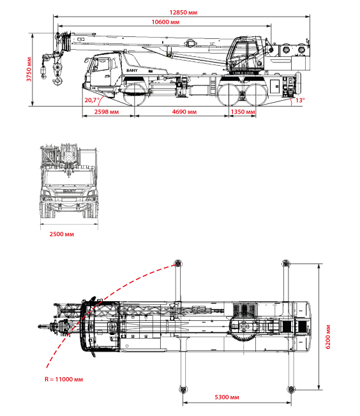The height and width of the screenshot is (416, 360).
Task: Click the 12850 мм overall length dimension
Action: (183, 13)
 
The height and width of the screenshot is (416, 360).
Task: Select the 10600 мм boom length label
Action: (165, 22)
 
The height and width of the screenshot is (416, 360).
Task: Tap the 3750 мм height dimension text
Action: (29, 70)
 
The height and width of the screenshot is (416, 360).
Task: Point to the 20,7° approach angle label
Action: (92, 100)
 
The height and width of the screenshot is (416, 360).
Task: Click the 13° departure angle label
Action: (300, 100)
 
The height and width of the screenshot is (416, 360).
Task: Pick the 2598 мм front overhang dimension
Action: (107, 112)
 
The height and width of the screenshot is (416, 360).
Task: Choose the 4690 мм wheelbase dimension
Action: (184, 112)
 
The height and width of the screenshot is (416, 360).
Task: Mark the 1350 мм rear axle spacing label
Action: (243, 112)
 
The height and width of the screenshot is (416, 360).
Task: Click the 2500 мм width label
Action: (61, 234)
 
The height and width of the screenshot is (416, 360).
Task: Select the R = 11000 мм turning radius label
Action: (64, 380)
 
